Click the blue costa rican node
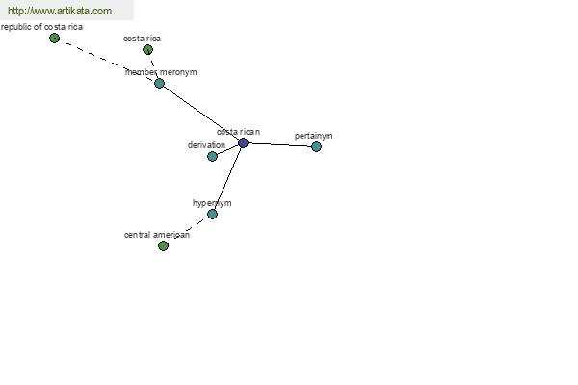[x=243, y=143]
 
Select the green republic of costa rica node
[x=54, y=38]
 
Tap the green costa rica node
[x=147, y=49]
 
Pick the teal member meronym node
[x=159, y=83]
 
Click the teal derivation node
[x=212, y=156]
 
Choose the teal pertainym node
[x=316, y=146]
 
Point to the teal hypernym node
[x=212, y=214]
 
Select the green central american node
[x=163, y=245]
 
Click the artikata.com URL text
[x=60, y=11]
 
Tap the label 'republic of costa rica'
[x=41, y=27]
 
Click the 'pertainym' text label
[x=313, y=136]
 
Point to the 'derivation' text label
[x=206, y=145]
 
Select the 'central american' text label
[x=157, y=235]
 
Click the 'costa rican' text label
[x=238, y=132]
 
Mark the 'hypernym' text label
[x=212, y=203]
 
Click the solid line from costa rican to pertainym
[x=279, y=144]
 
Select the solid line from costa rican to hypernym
[x=227, y=178]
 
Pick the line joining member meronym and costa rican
[x=201, y=113]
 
